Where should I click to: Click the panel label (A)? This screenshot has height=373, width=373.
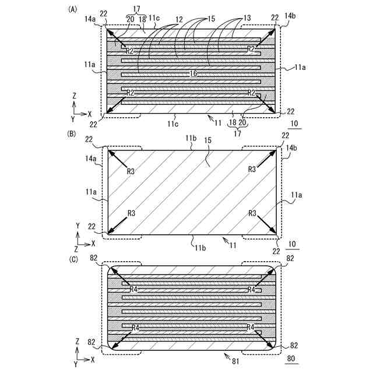coord(73,9)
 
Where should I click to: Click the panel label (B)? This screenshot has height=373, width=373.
coord(73,134)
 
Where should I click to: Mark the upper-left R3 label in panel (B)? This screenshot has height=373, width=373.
coord(131,171)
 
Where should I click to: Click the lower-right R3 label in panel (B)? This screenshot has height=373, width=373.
coord(252,213)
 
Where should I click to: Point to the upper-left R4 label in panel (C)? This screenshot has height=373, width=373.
coord(133,289)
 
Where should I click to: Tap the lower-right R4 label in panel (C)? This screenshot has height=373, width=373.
coord(252,328)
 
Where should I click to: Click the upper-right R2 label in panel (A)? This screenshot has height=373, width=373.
coord(251,49)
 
